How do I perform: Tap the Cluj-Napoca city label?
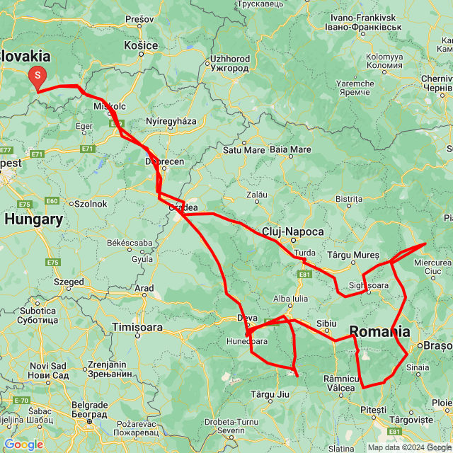click(292, 231)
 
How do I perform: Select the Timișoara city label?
click(137, 328)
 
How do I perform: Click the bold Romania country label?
click(379, 331)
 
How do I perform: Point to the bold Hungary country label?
click(33, 219)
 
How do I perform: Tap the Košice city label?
click(141, 45)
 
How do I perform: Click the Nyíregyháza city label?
click(171, 121)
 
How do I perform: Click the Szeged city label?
click(68, 281)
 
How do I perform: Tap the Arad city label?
click(144, 288)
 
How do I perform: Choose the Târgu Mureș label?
click(354, 254)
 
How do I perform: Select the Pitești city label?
click(373, 410)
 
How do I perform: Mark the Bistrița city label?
click(349, 200)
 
